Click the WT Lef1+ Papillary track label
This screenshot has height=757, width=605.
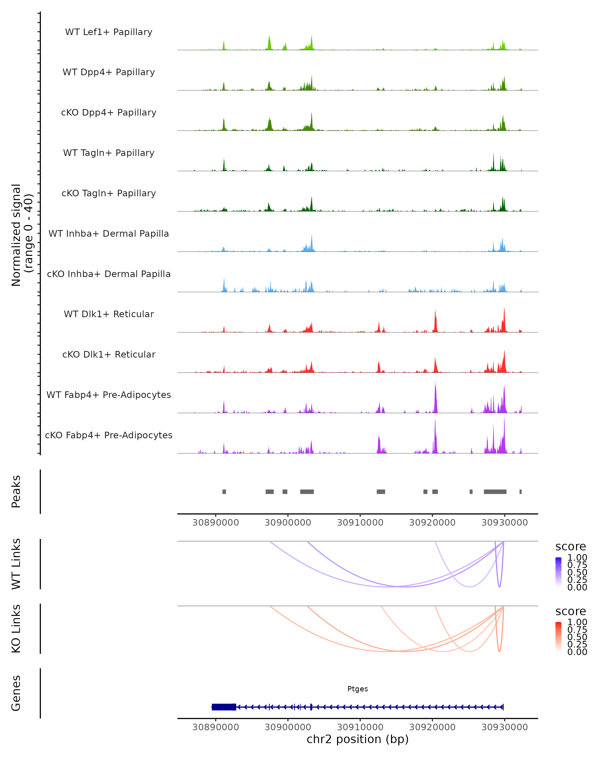coord(109,32)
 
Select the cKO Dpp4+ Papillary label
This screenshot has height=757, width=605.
coord(109,113)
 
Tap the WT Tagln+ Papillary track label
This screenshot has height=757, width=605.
coord(109,153)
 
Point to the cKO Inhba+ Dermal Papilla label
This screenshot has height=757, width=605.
coord(109,274)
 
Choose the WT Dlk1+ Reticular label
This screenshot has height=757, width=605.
coord(109,314)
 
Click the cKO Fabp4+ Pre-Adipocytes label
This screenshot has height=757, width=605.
coord(109,435)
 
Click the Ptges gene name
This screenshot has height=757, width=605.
coord(357,689)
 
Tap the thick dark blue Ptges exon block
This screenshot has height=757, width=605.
coord(224,707)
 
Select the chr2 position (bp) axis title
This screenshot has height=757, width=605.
coord(357,739)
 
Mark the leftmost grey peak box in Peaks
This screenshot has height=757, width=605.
coord(224,492)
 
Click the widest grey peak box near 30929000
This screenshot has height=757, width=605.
coord(495,492)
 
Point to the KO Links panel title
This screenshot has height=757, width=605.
coord(16,629)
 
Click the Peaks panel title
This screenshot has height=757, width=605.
coord(16,492)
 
